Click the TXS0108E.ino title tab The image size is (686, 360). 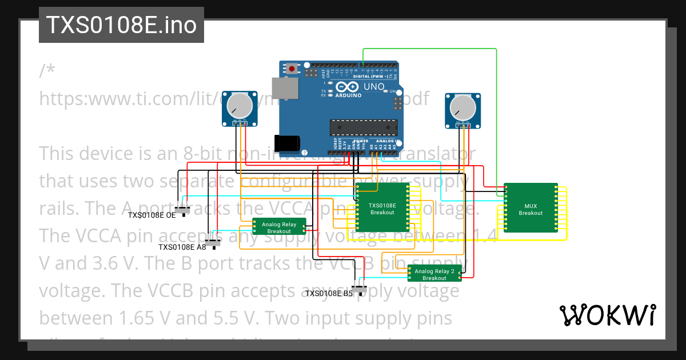point(121,25)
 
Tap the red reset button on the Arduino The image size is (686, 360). point(293,69)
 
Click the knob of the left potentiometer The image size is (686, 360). point(240,106)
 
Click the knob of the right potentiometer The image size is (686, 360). point(462,107)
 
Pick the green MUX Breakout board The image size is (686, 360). point(531,209)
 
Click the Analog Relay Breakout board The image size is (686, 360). point(279,227)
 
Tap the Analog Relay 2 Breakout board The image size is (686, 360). point(434,274)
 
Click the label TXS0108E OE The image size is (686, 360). point(151,216)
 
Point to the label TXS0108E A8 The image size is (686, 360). point(182,247)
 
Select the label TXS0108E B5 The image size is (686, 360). point(329,294)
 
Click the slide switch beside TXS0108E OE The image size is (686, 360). point(182,210)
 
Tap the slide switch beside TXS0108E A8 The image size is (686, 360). point(213,243)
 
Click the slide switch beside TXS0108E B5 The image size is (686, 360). point(360,289)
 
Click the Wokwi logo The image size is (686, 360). point(607,315)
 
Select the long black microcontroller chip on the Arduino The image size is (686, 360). point(364,129)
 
